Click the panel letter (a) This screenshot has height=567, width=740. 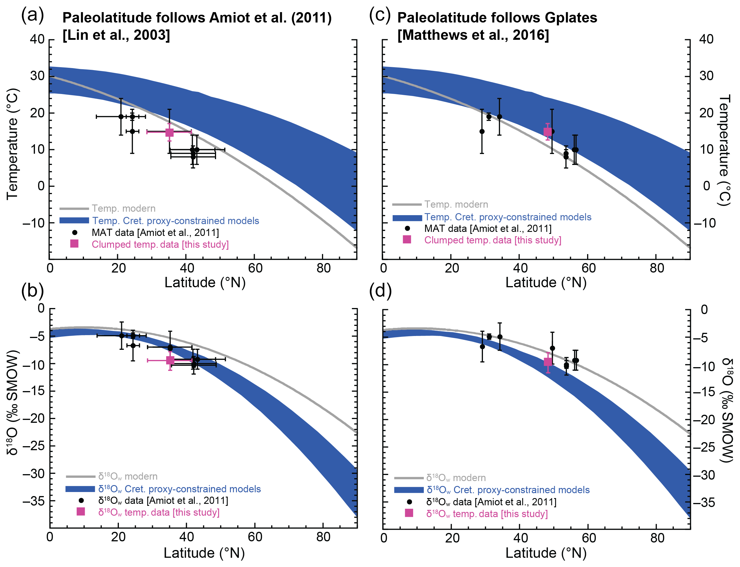click(x=32, y=16)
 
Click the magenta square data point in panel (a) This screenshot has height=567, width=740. click(x=169, y=132)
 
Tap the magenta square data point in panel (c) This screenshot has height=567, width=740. click(x=548, y=132)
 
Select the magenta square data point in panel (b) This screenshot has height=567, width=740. click(x=170, y=361)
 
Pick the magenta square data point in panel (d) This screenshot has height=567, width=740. click(x=548, y=362)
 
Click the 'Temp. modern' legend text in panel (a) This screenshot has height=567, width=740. click(x=123, y=208)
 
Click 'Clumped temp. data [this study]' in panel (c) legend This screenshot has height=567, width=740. click(x=492, y=240)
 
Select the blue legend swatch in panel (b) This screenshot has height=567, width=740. click(x=80, y=489)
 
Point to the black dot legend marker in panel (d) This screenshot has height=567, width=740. click(x=409, y=502)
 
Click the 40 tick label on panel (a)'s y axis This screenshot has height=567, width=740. click(x=37, y=39)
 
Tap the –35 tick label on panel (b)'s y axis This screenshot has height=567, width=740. click(x=33, y=501)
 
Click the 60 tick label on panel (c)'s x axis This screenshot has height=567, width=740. click(x=589, y=268)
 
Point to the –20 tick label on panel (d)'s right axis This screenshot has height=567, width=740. click(x=704, y=420)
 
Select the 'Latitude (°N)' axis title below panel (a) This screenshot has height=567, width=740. click(x=205, y=282)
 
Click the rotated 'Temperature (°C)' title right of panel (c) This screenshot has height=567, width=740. click(x=724, y=150)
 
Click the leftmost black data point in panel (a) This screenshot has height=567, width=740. click(x=121, y=117)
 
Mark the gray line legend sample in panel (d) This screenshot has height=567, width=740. click(x=409, y=478)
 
